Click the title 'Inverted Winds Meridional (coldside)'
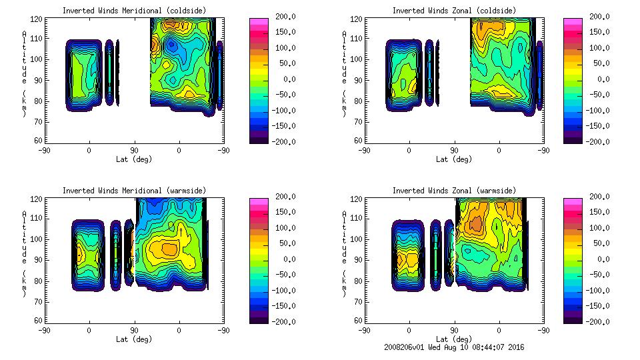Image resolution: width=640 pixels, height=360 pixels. click(134, 11)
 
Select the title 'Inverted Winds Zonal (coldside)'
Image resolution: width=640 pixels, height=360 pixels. click(454, 11)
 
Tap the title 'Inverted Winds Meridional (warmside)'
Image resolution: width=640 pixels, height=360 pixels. click(134, 191)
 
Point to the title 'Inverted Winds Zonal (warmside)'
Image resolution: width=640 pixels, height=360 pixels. click(454, 191)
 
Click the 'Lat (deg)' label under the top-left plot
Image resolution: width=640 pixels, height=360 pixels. click(134, 159)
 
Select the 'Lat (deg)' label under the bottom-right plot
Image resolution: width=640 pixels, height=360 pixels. click(454, 339)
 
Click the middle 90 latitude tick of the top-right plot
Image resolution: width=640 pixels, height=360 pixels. click(454, 151)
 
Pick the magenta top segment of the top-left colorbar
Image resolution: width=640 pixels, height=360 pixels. click(259, 21)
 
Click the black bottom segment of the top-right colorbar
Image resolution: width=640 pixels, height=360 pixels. click(573, 140)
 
